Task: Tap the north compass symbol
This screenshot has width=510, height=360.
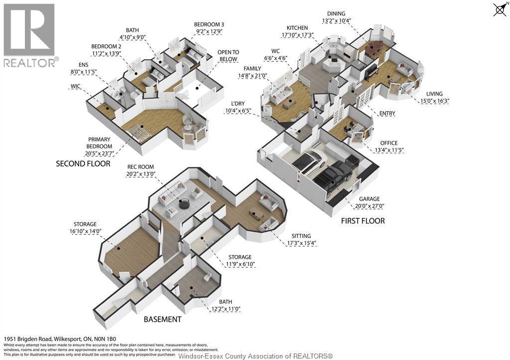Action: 500,9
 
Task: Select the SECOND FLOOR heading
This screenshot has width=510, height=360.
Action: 83,163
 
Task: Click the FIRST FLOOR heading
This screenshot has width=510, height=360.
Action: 363,221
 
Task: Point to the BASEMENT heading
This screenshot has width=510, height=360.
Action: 162,319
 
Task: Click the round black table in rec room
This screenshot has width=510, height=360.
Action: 184,204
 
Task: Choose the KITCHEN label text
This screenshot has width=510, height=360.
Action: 297,28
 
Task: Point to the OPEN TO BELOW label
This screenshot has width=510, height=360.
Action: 228,55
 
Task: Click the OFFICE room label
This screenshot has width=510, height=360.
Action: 388,143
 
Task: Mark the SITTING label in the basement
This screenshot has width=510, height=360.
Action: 302,236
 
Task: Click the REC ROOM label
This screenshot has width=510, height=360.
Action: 140,167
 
